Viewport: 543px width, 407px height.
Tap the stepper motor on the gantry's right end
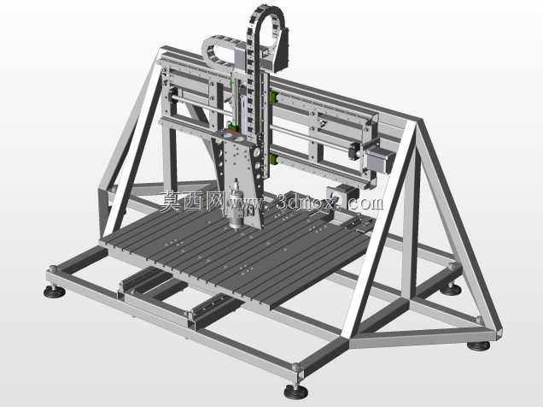click(380, 160)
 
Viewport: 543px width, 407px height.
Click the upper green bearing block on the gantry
click(275, 97)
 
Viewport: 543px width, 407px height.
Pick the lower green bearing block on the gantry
click(273, 159)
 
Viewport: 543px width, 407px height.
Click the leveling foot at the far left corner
click(55, 292)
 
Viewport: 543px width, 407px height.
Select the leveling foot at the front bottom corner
click(296, 392)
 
